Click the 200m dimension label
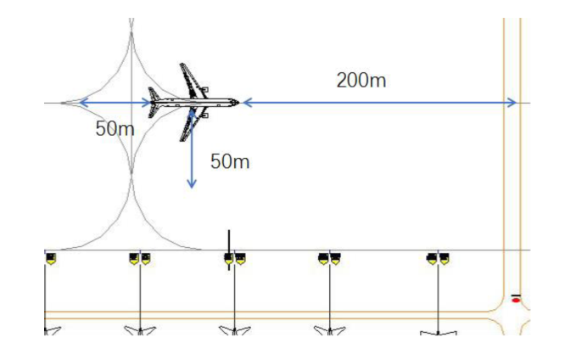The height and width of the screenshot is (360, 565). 361,80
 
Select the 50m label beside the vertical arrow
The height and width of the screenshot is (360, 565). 230,161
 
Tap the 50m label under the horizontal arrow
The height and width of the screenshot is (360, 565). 115,129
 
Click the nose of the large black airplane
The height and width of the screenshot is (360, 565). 238,103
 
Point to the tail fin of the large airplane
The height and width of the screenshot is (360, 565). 154,103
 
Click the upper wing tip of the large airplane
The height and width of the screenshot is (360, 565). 182,65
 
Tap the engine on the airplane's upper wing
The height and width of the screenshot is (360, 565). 204,89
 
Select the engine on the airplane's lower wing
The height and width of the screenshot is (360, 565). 204,115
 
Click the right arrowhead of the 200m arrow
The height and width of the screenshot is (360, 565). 512,103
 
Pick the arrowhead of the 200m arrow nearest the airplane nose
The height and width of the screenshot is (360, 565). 248,103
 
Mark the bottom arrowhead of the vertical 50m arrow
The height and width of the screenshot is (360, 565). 192,183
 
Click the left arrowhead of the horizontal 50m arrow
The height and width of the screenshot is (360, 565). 84,103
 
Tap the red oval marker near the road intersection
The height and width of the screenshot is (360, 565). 516,300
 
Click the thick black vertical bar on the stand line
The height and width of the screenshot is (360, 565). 229,250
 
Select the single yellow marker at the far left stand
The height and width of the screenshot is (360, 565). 51,259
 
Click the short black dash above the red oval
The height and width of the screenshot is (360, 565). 516,295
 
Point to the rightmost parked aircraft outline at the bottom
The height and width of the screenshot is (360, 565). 438,333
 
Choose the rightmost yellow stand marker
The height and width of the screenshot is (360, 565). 445,259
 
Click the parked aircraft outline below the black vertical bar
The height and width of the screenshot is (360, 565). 235,330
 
